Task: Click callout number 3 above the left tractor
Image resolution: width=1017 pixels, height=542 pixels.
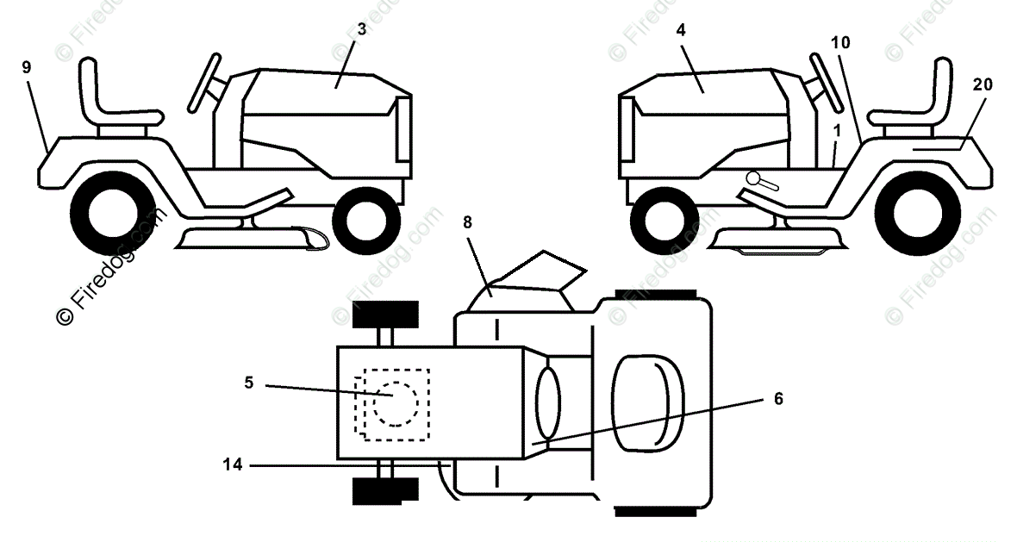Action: (361, 28)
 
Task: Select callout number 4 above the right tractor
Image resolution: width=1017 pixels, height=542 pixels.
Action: (681, 29)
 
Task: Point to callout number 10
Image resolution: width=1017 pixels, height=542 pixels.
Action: (840, 41)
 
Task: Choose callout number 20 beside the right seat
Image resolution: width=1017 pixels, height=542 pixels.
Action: (982, 84)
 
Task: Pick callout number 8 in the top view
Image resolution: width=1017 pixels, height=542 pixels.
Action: (468, 221)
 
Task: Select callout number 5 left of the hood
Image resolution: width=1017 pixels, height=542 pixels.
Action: (249, 383)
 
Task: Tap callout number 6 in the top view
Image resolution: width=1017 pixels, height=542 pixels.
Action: (778, 398)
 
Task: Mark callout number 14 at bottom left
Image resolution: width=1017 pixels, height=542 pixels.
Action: (233, 465)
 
